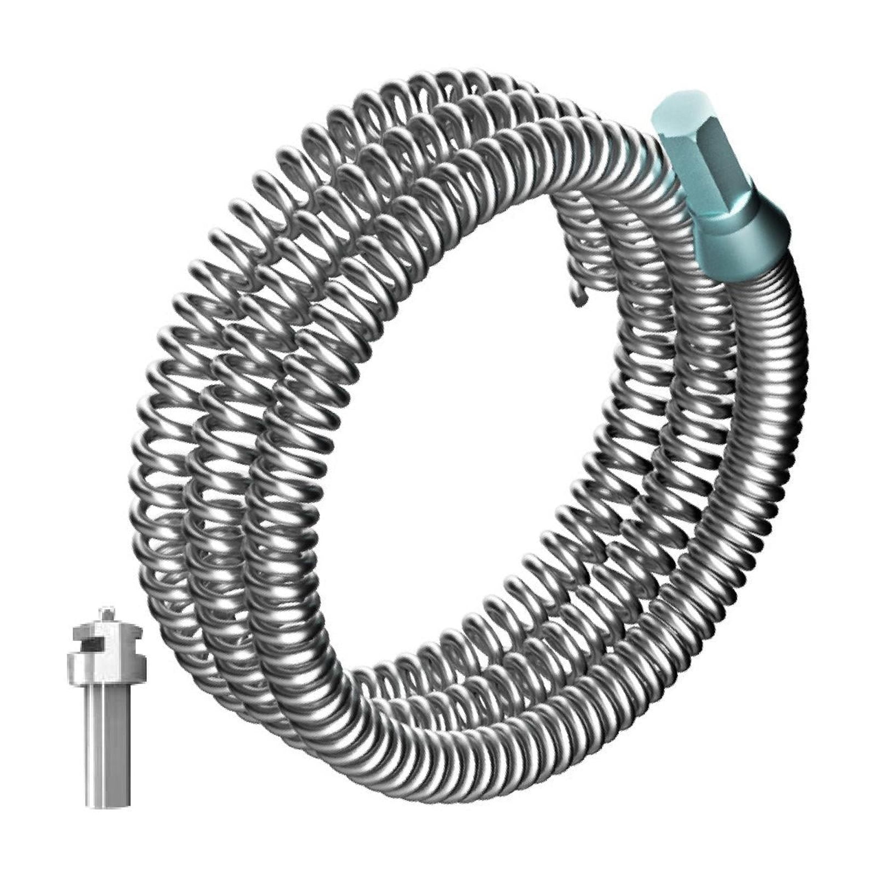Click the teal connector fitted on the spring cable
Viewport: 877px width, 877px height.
click(x=718, y=192)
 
